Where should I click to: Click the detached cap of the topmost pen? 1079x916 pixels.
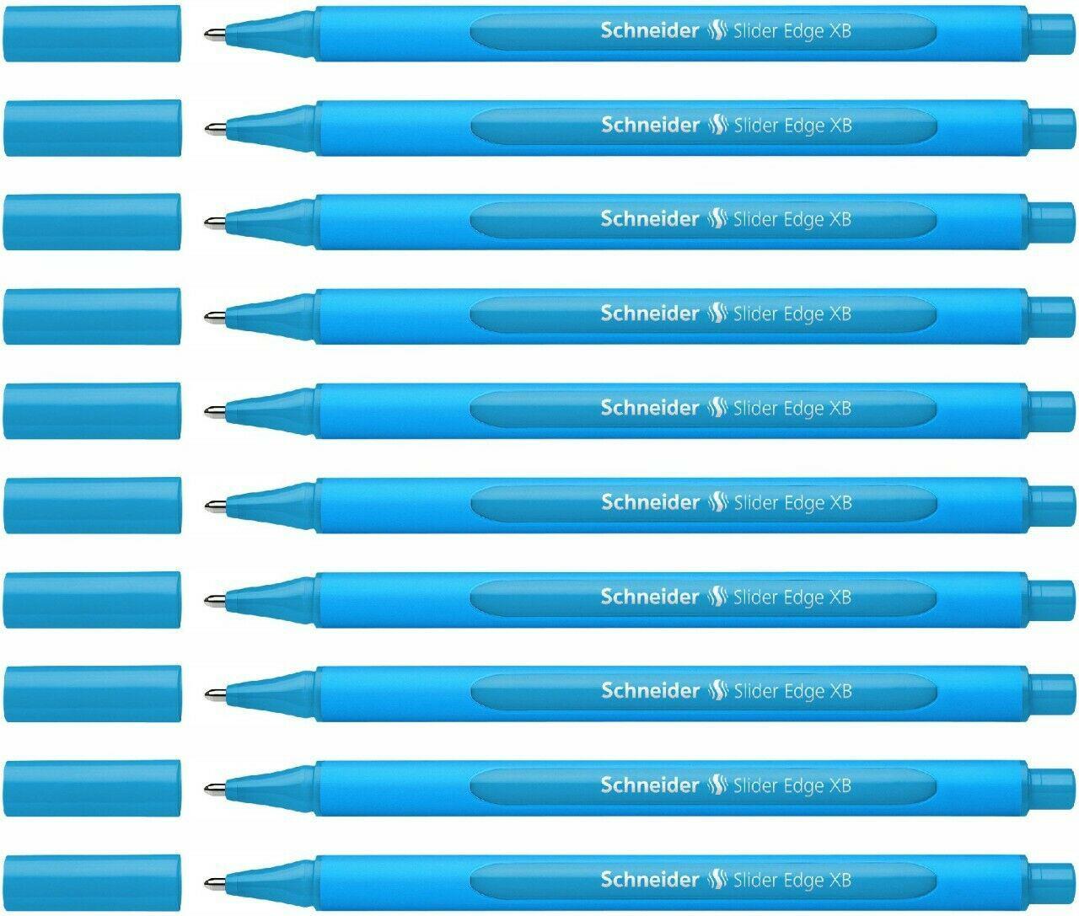pyautogui.click(x=93, y=34)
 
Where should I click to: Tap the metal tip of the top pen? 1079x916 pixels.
pyautogui.click(x=213, y=34)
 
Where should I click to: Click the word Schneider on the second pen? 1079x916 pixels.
pyautogui.click(x=649, y=126)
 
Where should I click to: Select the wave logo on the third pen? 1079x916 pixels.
pyautogui.click(x=717, y=220)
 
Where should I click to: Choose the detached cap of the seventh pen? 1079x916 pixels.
pyautogui.click(x=93, y=600)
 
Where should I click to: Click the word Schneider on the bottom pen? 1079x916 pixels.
pyautogui.click(x=649, y=880)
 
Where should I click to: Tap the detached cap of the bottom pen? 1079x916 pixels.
pyautogui.click(x=93, y=883)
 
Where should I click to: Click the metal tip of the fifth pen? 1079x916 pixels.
pyautogui.click(x=213, y=411)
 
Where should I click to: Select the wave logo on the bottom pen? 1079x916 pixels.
pyautogui.click(x=717, y=881)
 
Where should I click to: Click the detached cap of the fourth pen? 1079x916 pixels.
pyautogui.click(x=93, y=317)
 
